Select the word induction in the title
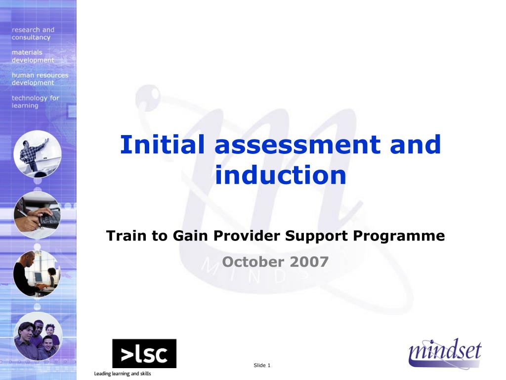[281, 175]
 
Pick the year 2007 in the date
[309, 262]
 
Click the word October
[253, 262]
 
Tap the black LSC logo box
[144, 354]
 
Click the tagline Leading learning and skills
[123, 374]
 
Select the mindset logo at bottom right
[445, 353]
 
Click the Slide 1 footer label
[262, 366]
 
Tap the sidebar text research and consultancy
[33, 34]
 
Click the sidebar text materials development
[33, 56]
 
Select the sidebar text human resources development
[40, 79]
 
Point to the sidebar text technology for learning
[35, 101]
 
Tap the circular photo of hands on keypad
[37, 216]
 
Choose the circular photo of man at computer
[37, 273]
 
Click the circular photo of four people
[38, 336]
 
